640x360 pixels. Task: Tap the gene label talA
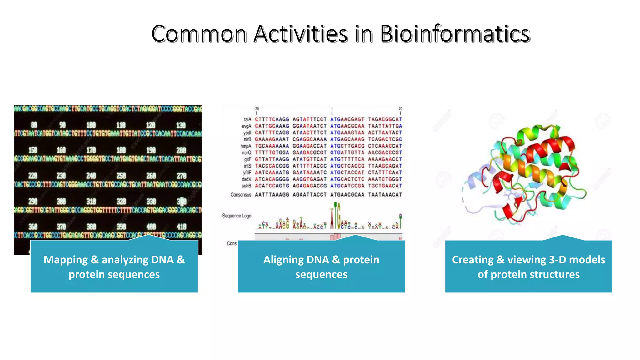pos(247,119)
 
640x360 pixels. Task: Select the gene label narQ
pos(247,153)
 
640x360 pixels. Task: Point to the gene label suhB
pos(246,186)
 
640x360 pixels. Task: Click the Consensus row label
pos(241,195)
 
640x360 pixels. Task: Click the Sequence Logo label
pos(237,216)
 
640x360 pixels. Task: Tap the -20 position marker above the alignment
pos(257,109)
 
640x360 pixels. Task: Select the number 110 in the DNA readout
pos(121,125)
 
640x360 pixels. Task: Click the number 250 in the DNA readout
pos(121,176)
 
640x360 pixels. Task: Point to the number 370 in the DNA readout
pos(61,227)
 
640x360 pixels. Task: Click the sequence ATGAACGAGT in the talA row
pos(347,119)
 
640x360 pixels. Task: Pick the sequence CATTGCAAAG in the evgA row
pos(272,126)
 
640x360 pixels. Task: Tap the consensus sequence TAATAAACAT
pos(385,195)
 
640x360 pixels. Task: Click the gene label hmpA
pos(246,146)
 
